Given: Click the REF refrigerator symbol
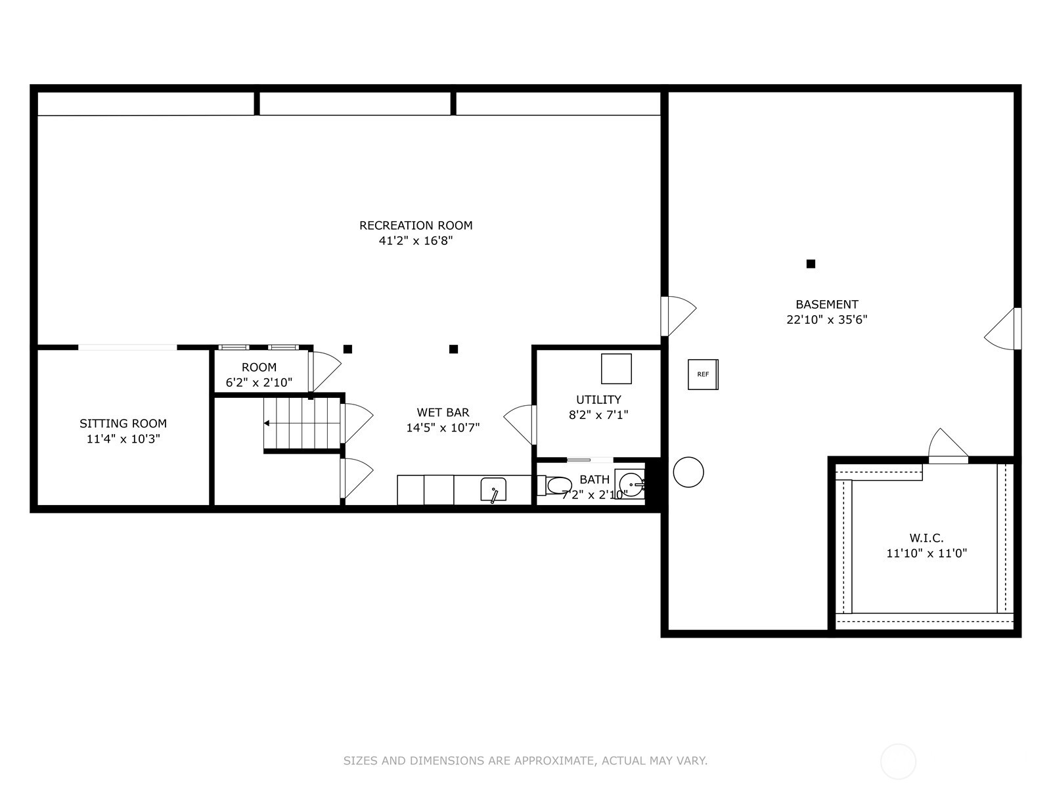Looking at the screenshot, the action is click(703, 374).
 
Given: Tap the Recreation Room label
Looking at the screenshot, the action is click(416, 225).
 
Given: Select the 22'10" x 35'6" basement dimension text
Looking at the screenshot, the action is click(827, 320).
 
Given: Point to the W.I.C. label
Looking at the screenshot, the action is click(926, 538).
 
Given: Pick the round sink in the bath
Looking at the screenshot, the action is click(631, 485).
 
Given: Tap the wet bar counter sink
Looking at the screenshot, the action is click(493, 489).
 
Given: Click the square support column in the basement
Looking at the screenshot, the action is click(811, 263).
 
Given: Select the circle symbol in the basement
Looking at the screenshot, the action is click(688, 472).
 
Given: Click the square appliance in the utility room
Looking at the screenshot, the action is click(616, 368).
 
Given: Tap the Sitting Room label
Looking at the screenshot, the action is click(123, 424).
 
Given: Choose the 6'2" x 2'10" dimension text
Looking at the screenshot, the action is click(259, 383).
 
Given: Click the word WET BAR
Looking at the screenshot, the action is click(443, 412).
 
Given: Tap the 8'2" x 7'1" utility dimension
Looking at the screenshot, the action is click(598, 415).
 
